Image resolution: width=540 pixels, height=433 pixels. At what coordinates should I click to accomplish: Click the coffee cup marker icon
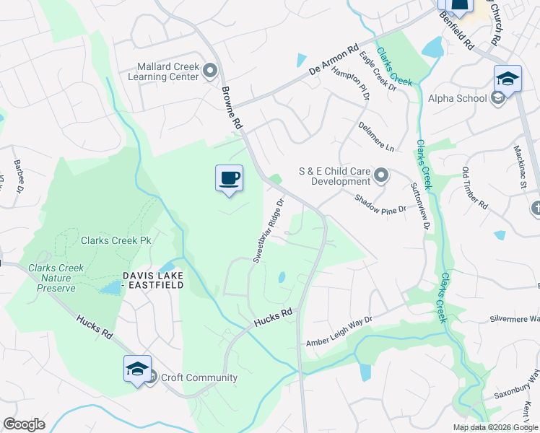coord(229,178)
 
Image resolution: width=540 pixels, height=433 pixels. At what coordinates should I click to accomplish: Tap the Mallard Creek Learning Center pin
coord(210,71)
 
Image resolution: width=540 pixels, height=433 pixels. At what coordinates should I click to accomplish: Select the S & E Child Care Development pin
coord(382,175)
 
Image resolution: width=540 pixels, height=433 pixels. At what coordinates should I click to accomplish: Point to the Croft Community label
coord(199,377)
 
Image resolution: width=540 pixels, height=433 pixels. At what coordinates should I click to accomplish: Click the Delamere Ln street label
coord(376,136)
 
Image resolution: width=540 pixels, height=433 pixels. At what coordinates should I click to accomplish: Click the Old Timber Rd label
coord(475,188)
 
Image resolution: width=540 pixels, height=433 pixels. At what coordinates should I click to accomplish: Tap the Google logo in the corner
coord(24,424)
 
